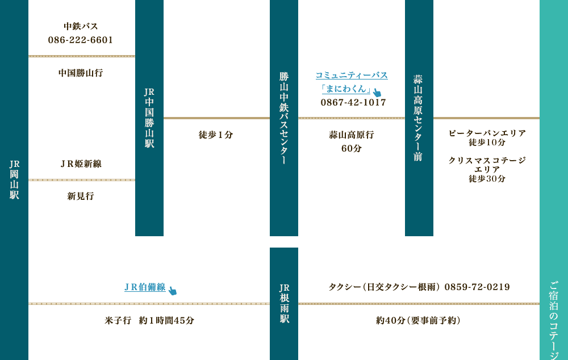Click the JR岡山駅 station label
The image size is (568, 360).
pos(14,179)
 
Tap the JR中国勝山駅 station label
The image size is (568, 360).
pos(149,118)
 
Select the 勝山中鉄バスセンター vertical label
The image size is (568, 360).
pos(284,118)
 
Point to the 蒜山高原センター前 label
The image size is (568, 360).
pos(419,118)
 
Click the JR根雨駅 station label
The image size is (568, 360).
pos(284,304)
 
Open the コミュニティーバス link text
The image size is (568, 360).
pos(352,75)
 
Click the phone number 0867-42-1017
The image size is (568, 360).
pos(353,103)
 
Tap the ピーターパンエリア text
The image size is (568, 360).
pos(487,133)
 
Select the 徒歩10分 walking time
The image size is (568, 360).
pos(487,142)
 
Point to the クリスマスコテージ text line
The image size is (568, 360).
pos(487,161)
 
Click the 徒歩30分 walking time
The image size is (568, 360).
pos(487,178)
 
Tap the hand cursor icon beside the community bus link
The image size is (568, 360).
pos(377,93)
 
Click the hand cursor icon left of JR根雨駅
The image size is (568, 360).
pos(173,291)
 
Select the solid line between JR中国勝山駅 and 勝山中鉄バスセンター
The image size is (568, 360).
pos(216,118)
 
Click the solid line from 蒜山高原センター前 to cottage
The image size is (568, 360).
pos(486,118)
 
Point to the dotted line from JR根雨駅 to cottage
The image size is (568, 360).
pos(419,304)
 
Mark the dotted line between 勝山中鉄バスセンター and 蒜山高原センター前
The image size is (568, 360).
pos(352,118)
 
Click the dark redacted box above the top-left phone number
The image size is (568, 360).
pos(81,29)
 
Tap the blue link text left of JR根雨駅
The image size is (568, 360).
pos(145,287)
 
